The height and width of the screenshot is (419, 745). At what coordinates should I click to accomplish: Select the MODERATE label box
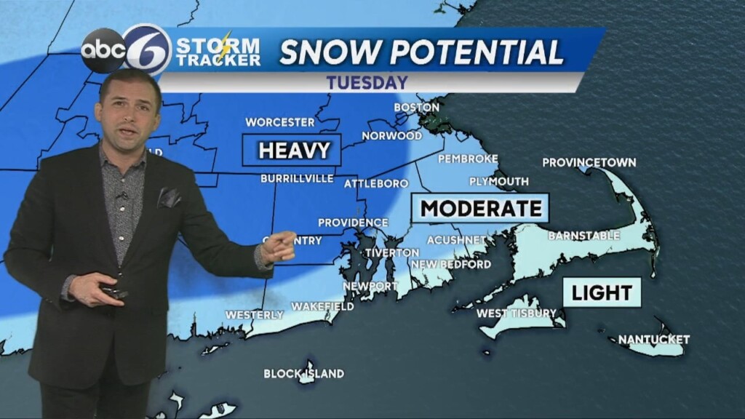(x=481, y=208)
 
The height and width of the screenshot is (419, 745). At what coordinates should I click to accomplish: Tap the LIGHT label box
(x=602, y=292)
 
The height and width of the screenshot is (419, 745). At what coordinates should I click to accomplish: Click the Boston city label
(x=416, y=108)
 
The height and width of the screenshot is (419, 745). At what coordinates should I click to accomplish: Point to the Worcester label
(x=279, y=122)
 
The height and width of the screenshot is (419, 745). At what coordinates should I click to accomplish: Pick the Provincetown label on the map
(x=589, y=162)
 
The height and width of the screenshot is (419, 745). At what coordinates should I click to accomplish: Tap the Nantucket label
(x=653, y=339)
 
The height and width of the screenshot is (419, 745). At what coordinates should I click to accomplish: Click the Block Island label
(x=303, y=374)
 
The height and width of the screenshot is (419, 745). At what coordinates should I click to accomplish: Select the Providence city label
(x=353, y=223)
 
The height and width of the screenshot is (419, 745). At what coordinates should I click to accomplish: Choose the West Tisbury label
(x=516, y=314)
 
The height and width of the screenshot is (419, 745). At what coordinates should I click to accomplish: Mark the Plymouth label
(x=498, y=181)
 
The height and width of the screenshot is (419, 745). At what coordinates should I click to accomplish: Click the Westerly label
(x=254, y=315)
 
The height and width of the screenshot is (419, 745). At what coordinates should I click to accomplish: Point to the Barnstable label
(x=583, y=236)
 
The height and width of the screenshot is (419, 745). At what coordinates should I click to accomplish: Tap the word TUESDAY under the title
(x=366, y=82)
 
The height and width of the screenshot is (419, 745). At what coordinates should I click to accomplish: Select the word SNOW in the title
(x=327, y=52)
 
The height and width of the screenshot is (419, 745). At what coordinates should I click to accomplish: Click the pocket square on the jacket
(x=170, y=197)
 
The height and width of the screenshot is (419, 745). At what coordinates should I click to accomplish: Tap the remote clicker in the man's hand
(x=114, y=291)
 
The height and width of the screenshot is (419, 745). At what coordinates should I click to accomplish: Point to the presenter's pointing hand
(x=278, y=247)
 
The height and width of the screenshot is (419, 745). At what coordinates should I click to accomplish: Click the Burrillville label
(x=297, y=178)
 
